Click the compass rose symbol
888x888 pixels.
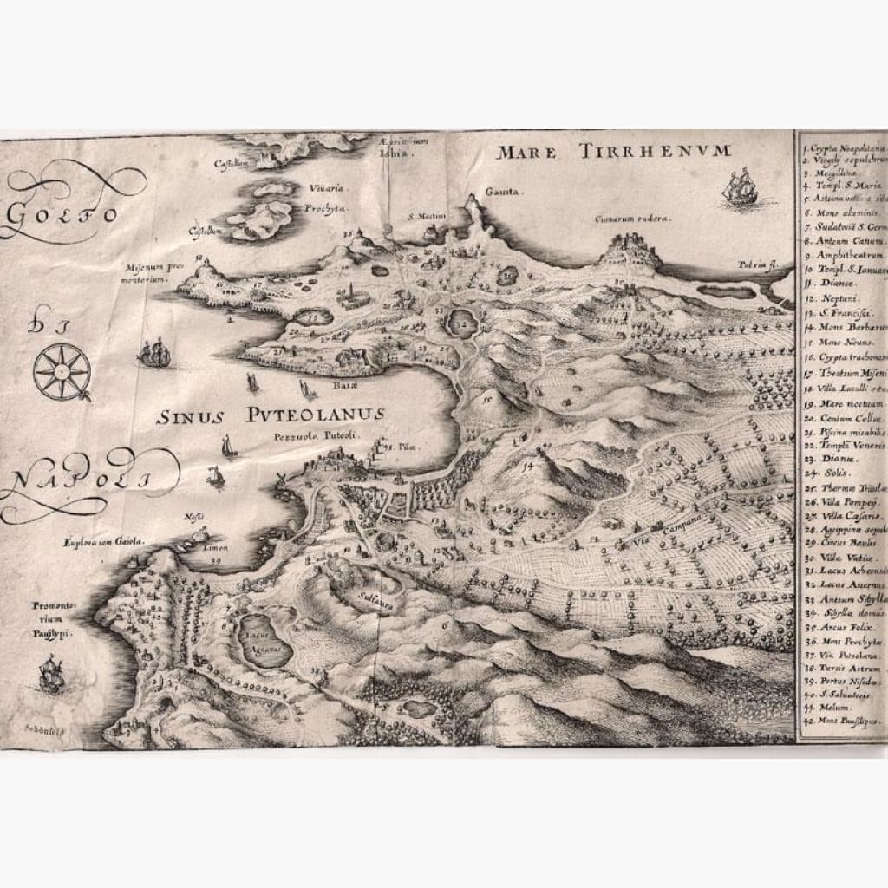pyautogui.click(x=62, y=371)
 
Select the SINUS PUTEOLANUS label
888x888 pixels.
pyautogui.click(x=270, y=416)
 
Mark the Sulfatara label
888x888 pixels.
pyautogui.click(x=375, y=597)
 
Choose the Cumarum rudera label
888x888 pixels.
pyautogui.click(x=632, y=219)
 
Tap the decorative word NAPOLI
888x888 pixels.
pyautogui.click(x=78, y=482)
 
